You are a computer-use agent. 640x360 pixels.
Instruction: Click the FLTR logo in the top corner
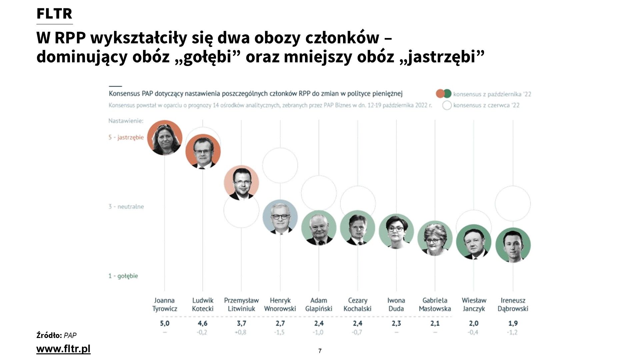(54, 14)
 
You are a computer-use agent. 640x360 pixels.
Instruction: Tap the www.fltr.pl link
(63, 349)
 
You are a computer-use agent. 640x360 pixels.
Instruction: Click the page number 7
(320, 351)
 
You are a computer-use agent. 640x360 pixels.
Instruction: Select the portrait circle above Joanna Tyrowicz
(165, 138)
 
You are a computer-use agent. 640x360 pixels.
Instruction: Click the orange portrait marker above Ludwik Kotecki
(203, 151)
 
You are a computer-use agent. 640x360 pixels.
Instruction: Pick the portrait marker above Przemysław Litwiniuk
(241, 183)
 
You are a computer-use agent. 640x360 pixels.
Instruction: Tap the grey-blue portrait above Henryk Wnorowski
(280, 217)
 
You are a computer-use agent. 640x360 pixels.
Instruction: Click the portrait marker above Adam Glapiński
(319, 228)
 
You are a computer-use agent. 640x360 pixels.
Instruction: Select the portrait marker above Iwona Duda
(396, 231)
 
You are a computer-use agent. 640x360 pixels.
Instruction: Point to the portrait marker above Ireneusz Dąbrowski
(513, 245)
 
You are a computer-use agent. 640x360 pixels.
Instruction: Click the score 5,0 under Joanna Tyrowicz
(165, 323)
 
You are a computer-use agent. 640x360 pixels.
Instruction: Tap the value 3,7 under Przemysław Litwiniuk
(241, 323)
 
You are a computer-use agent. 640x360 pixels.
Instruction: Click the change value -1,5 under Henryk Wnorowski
(280, 332)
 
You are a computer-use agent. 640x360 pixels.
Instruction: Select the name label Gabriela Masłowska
(435, 305)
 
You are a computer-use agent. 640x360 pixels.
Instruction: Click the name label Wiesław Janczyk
(474, 305)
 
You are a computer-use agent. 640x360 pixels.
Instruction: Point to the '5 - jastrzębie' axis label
(126, 137)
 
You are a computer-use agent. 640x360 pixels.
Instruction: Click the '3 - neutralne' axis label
(126, 207)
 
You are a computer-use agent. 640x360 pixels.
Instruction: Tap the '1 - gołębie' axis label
(123, 276)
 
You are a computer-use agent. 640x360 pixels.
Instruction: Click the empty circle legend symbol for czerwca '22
(447, 105)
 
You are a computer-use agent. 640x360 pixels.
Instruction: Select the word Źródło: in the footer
(49, 335)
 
